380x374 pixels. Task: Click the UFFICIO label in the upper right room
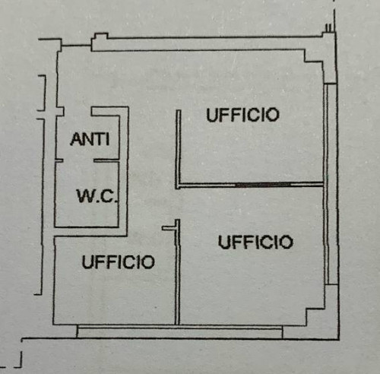(243, 115)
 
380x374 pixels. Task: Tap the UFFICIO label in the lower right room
(255, 242)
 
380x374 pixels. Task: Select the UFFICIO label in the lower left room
(118, 261)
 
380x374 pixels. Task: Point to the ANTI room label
(90, 139)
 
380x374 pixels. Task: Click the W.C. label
(97, 196)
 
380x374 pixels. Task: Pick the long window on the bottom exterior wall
(179, 331)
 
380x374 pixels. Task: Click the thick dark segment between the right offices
(263, 185)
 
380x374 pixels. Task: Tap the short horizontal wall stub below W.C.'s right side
(169, 228)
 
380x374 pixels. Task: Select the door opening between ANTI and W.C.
(78, 160)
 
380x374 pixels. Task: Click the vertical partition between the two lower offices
(177, 272)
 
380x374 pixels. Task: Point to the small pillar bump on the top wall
(100, 38)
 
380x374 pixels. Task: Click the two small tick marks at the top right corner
(328, 27)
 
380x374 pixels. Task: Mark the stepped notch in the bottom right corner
(315, 317)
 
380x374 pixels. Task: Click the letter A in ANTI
(76, 139)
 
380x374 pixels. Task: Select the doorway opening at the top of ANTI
(78, 112)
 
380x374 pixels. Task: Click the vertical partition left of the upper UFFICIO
(179, 149)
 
